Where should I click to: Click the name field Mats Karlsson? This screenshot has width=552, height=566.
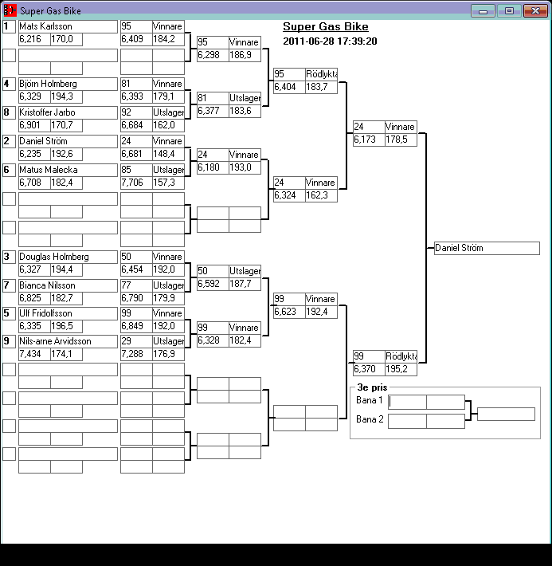click(x=68, y=26)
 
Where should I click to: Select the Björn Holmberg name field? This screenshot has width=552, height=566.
click(x=68, y=84)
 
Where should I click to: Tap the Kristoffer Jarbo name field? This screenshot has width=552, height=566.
click(x=68, y=112)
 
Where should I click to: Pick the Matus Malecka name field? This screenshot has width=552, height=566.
click(x=68, y=170)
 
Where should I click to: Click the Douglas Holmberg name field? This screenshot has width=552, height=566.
click(x=68, y=257)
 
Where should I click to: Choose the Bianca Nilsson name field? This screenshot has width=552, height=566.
click(x=68, y=285)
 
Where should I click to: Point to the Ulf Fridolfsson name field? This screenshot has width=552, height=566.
click(x=68, y=313)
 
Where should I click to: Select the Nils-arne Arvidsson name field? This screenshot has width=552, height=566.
click(x=68, y=341)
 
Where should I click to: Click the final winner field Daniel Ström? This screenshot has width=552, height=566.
click(x=487, y=248)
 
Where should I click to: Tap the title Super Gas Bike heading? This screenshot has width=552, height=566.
click(x=325, y=27)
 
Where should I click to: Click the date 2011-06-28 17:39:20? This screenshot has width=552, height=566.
click(x=330, y=41)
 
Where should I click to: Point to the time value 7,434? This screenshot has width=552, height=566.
click(x=34, y=354)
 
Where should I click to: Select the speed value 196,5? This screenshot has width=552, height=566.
click(x=66, y=326)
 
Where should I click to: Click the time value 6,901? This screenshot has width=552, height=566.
click(x=34, y=125)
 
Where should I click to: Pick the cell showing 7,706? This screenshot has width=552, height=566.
click(x=136, y=183)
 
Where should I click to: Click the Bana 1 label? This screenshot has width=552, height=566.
click(x=370, y=400)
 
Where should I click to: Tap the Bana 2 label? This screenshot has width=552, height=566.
click(x=370, y=419)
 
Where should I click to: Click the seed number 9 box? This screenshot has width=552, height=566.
click(x=9, y=341)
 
